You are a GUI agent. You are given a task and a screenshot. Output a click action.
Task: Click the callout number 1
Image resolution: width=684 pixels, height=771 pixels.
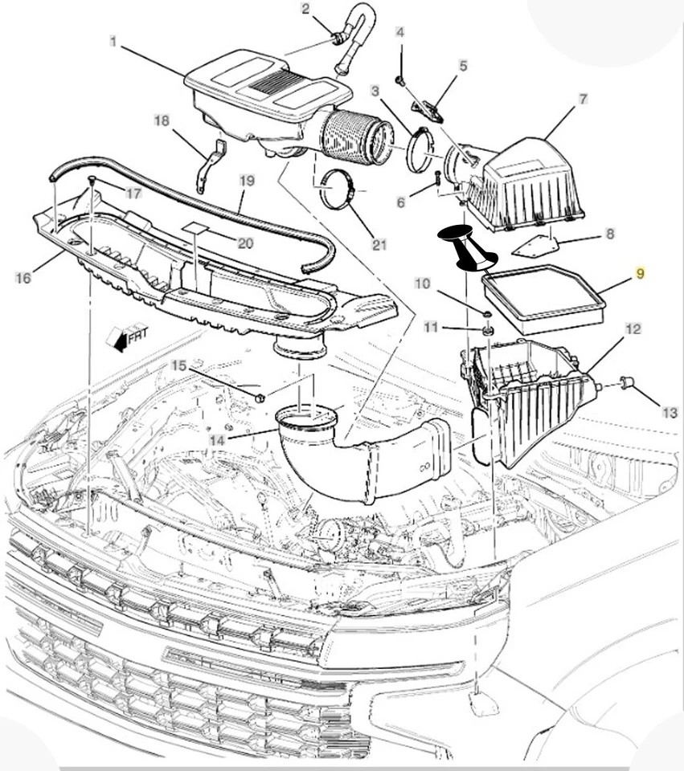pos(113,41)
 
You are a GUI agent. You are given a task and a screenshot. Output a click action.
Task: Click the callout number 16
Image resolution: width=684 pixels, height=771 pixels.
pos(22,278)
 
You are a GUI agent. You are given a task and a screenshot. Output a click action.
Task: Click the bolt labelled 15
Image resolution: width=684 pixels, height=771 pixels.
pos(260,398)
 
